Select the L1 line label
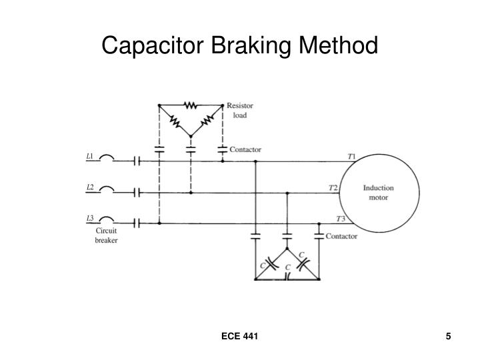coord(90,157)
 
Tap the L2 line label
coord(90,187)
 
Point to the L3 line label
coord(90,218)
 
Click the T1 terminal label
coord(351,157)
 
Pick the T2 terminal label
coord(333,187)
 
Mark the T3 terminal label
coord(341,219)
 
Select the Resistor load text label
coord(239,110)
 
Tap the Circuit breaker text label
coord(106,235)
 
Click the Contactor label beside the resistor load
coord(245,150)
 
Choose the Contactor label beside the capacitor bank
coord(341,236)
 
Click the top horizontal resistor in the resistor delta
coord(190,105)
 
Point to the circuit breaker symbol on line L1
coord(107,160)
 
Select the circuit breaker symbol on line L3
coord(107,221)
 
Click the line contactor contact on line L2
coord(137,192)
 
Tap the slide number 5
coord(449,336)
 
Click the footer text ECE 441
coord(240,336)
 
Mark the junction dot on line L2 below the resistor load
coord(191,192)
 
